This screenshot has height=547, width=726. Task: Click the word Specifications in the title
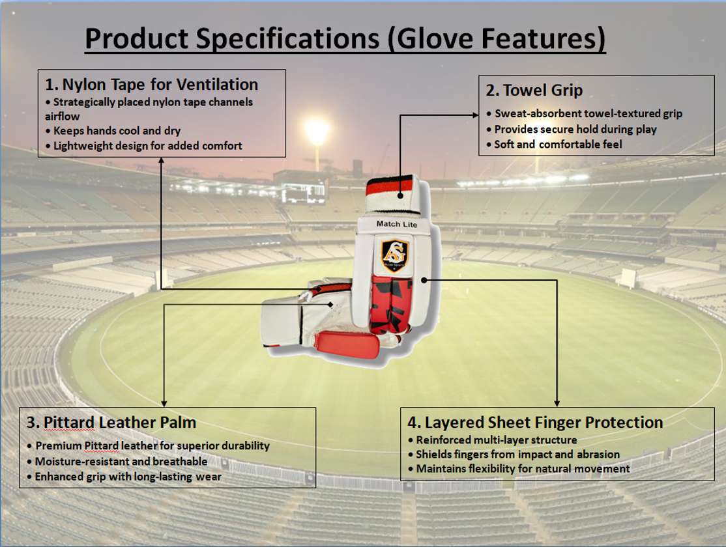coord(287,38)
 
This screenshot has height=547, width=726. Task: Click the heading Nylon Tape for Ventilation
coord(151,85)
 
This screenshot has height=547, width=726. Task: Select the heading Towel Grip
coord(534,91)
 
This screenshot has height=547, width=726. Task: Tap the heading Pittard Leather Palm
coord(111,423)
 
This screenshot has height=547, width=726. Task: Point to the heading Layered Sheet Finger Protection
coord(535,423)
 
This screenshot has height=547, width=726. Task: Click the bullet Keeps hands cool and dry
coord(113,131)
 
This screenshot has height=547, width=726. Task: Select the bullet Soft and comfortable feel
coord(554,145)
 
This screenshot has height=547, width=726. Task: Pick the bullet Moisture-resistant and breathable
coord(117,462)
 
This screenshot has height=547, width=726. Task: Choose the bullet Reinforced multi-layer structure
coord(493,440)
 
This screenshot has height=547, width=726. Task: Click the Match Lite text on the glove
coord(397,224)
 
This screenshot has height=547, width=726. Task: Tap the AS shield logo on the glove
coord(395,255)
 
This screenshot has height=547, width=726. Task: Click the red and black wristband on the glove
coord(389,186)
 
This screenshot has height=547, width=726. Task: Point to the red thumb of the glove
coord(347,344)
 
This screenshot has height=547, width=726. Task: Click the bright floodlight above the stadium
coord(317,130)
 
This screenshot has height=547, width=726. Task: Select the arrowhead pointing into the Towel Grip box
coord(475,115)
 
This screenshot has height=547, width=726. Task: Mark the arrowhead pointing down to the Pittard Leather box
coord(164,404)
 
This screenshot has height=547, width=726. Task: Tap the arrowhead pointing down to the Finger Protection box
coord(557,404)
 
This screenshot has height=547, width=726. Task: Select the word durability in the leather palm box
coord(246,445)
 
